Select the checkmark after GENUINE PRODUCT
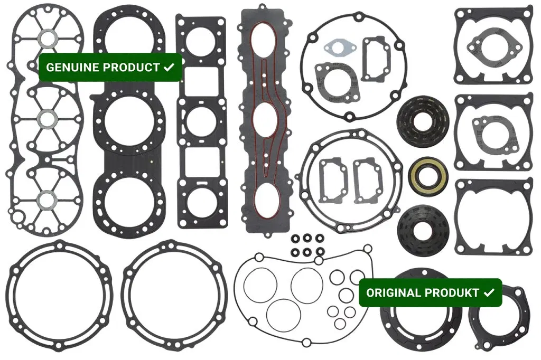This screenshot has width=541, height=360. coord(169,67)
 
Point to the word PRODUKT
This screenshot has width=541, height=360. coord(451,293)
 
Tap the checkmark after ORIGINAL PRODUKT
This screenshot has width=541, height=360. coord(489,292)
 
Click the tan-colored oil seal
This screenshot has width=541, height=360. coord(428,176)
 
